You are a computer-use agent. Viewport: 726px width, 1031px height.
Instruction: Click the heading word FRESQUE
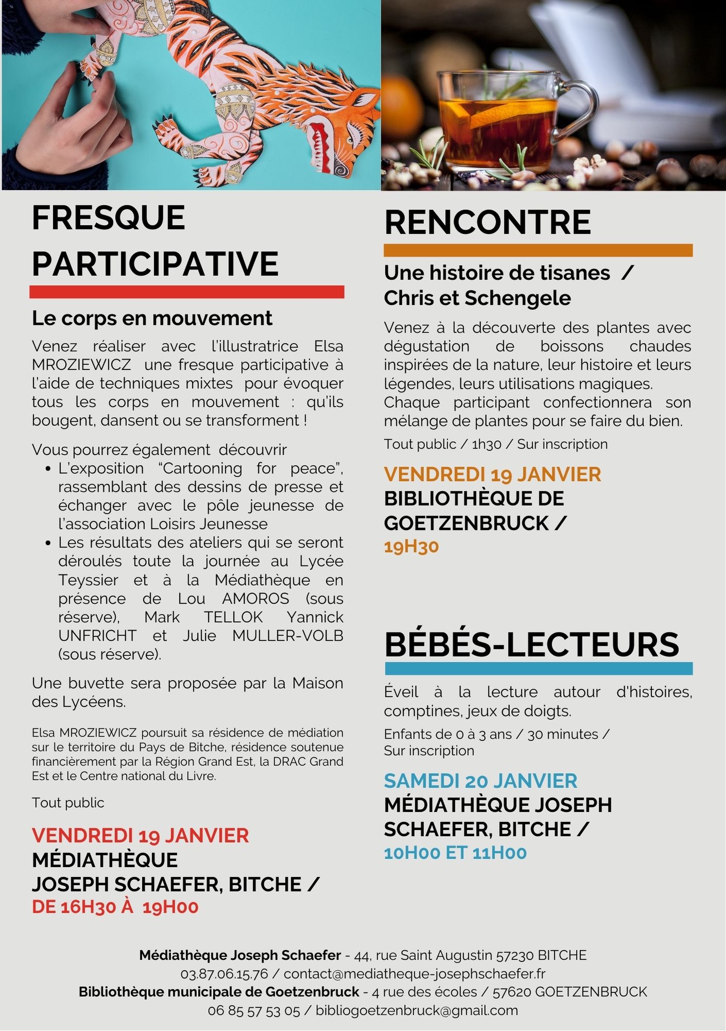(108, 218)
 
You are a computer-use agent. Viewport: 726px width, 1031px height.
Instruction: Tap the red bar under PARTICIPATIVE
(187, 292)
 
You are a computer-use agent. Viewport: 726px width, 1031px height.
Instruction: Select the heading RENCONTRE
(487, 222)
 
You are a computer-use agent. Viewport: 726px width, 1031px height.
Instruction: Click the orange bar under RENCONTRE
(538, 251)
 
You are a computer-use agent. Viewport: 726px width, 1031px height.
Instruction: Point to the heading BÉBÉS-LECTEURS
(532, 645)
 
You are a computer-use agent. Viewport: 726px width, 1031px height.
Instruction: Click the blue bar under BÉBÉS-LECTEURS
(538, 669)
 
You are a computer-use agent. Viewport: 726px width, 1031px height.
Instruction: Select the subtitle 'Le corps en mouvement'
(152, 319)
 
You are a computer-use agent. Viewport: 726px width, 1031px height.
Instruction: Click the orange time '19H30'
(411, 546)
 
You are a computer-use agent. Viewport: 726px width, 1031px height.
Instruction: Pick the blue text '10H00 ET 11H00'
(455, 853)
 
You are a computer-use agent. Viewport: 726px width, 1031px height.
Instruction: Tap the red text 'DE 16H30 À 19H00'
(115, 907)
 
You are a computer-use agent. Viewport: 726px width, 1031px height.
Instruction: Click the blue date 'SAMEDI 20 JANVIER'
(480, 781)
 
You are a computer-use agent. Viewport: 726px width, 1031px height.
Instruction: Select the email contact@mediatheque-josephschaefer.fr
(414, 974)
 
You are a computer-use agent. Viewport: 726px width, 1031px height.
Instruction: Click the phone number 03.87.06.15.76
(224, 974)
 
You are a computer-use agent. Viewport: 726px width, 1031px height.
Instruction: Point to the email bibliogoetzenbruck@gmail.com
(417, 1010)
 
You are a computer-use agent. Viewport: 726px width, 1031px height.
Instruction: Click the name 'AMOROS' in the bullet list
(256, 598)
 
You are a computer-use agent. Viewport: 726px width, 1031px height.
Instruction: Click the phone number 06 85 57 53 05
(254, 1011)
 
